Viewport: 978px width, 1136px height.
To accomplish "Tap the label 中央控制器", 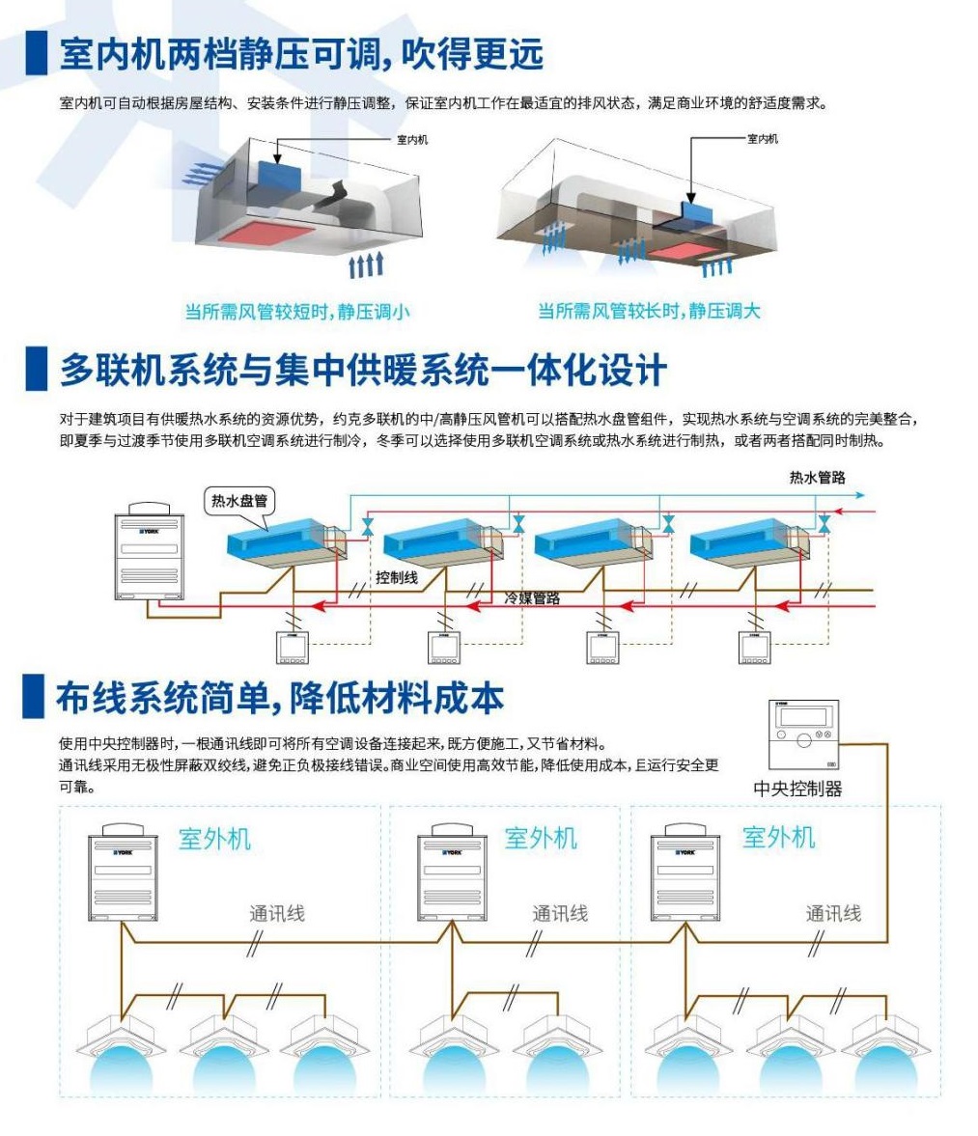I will click(797, 789).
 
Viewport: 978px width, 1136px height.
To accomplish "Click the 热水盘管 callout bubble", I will click(239, 501).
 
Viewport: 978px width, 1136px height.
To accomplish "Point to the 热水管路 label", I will click(817, 478).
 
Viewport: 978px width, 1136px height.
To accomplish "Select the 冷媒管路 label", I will click(532, 598).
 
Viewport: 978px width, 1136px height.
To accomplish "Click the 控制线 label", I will click(397, 577).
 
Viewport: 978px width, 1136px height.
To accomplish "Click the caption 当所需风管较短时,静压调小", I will click(296, 311).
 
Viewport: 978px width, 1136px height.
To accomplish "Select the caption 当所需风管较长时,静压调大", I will click(649, 311).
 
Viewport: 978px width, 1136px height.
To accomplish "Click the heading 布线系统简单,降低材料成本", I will click(279, 698).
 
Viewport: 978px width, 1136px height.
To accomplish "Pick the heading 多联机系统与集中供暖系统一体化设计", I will click(363, 371).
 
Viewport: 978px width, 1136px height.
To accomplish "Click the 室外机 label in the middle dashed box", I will click(541, 838).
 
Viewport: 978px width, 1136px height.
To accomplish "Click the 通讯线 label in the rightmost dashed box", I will click(833, 913).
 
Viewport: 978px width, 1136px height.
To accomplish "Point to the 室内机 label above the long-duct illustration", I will click(762, 139).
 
